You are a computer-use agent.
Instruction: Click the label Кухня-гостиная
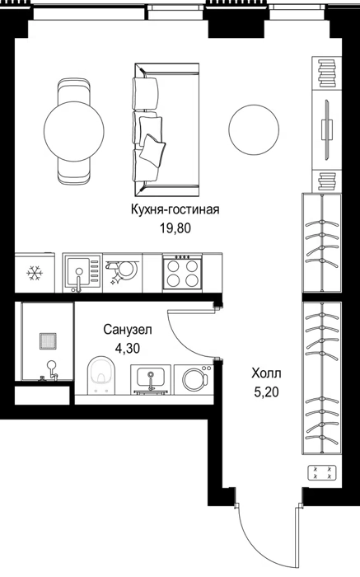click(x=175, y=209)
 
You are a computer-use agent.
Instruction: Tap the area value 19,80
click(x=175, y=228)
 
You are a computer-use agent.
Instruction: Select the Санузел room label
click(x=128, y=330)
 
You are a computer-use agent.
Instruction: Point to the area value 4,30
click(x=128, y=348)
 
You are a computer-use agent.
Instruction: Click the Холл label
click(x=266, y=373)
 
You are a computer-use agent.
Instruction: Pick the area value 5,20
click(x=266, y=392)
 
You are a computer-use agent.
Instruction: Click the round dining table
click(x=73, y=131)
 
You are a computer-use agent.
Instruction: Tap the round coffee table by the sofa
click(x=254, y=129)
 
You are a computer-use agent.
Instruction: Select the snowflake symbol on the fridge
click(x=35, y=274)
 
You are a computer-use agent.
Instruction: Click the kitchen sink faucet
click(x=78, y=280)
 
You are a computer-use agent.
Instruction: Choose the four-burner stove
click(x=183, y=273)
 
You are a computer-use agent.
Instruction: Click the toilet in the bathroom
click(x=101, y=374)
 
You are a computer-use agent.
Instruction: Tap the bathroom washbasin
click(x=151, y=380)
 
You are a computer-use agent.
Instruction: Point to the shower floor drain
click(x=48, y=340)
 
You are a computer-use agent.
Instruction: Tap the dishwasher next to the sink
click(x=123, y=273)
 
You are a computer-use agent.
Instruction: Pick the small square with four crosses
click(x=322, y=473)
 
